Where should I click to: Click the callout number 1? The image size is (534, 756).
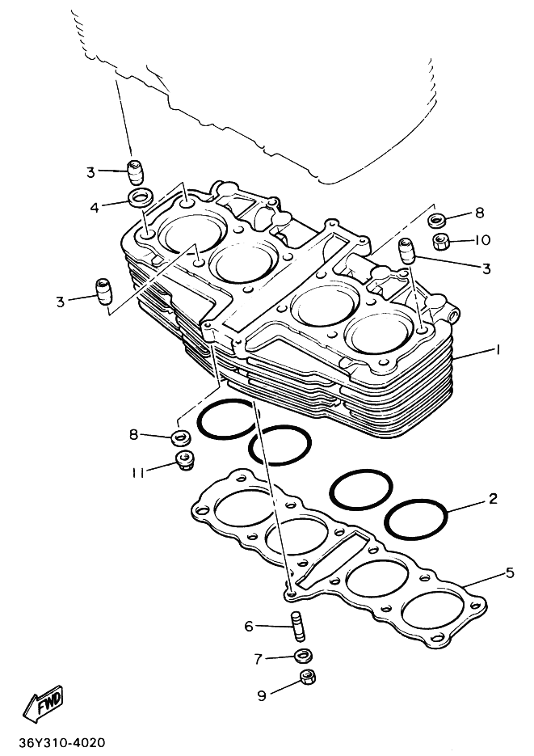point(498,350)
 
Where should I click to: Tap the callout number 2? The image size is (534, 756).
point(493,498)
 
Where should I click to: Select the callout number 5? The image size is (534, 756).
point(510,573)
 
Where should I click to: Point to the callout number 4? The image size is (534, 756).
point(95,207)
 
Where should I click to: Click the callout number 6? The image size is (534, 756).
point(249,626)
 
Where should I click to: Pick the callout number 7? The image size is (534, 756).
point(259,659)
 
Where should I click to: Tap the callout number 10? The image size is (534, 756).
point(483,240)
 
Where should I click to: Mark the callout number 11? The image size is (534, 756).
point(139,471)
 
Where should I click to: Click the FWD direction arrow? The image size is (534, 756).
point(43,706)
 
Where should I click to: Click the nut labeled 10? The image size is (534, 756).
point(441,241)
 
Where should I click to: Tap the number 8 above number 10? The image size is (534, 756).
point(479,213)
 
